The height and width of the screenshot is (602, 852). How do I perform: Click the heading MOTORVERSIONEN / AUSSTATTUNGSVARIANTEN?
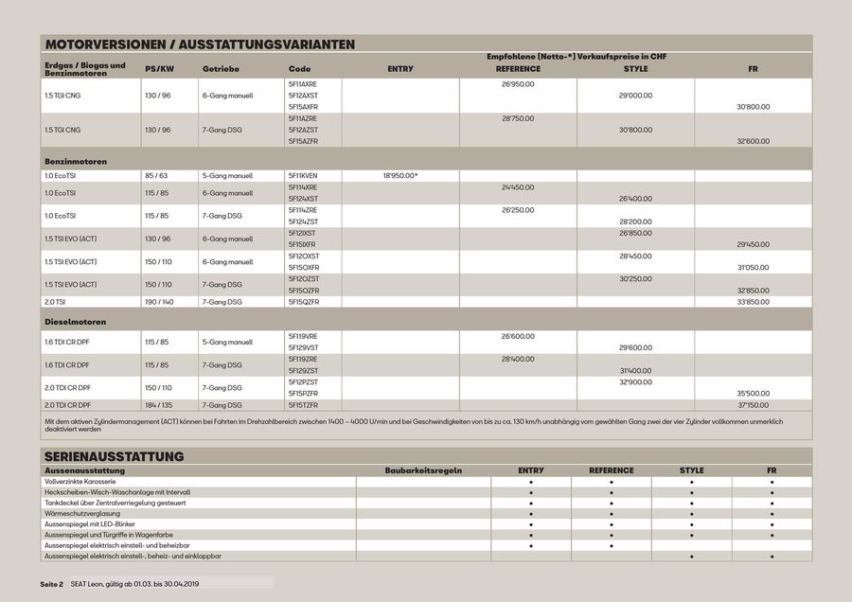(200, 44)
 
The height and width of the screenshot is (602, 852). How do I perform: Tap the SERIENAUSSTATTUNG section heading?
(114, 456)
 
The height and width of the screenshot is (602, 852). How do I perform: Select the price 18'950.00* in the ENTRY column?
(400, 176)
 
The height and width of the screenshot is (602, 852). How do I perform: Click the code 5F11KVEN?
(303, 176)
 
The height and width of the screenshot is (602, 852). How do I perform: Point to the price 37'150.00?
(753, 405)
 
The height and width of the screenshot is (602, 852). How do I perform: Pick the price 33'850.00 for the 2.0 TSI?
(753, 302)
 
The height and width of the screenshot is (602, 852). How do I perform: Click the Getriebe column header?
(221, 69)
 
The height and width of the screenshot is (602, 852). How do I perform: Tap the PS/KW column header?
(159, 69)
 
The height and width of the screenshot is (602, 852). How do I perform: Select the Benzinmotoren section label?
(76, 162)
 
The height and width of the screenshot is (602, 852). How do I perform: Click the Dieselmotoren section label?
(75, 323)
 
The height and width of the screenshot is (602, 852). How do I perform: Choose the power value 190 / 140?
(159, 302)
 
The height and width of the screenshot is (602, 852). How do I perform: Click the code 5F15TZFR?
(303, 405)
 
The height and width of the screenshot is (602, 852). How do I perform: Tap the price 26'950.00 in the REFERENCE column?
(518, 84)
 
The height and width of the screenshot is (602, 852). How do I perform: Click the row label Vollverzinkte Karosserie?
(80, 482)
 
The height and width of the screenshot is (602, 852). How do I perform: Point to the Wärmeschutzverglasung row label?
(80, 513)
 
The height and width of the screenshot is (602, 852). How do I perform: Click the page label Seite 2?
(51, 584)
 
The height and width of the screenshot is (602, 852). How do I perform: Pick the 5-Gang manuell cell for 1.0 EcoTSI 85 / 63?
(227, 176)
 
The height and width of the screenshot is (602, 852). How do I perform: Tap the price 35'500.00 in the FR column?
(753, 393)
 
